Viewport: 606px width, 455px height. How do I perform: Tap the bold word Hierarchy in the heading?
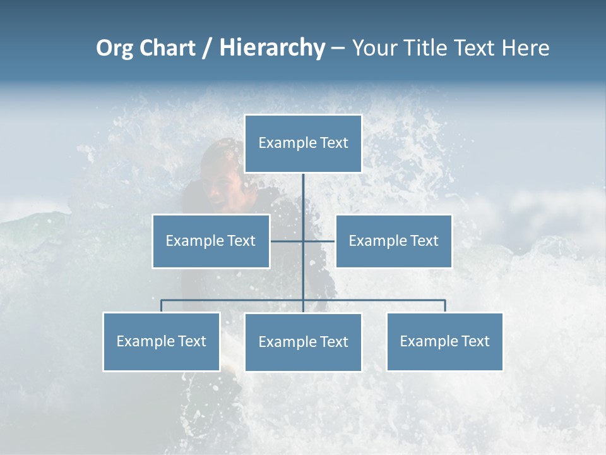[271, 48]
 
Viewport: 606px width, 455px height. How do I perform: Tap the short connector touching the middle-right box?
[319, 241]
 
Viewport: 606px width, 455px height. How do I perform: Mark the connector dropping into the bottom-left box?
[162, 306]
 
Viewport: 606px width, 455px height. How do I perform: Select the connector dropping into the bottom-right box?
[445, 306]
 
